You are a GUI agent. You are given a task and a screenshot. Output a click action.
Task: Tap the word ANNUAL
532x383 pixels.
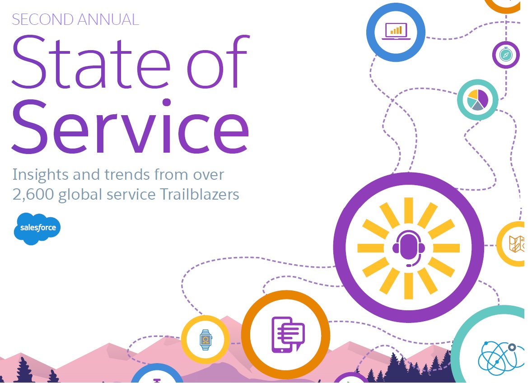(108, 19)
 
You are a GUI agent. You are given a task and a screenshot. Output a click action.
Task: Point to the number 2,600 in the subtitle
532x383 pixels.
(33, 195)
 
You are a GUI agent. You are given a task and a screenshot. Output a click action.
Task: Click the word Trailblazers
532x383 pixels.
(200, 194)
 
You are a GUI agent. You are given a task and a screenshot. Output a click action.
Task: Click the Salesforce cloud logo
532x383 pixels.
(37, 229)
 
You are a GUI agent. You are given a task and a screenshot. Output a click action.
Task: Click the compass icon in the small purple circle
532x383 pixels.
(506, 55)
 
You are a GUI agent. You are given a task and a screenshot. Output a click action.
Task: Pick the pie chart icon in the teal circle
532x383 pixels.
(478, 100)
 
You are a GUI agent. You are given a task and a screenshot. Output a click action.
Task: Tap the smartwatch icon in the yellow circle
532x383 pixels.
(205, 340)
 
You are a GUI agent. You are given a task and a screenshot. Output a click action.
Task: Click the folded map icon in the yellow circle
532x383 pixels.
(516, 244)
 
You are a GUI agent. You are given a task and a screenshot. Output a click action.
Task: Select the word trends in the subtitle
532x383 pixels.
(126, 175)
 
